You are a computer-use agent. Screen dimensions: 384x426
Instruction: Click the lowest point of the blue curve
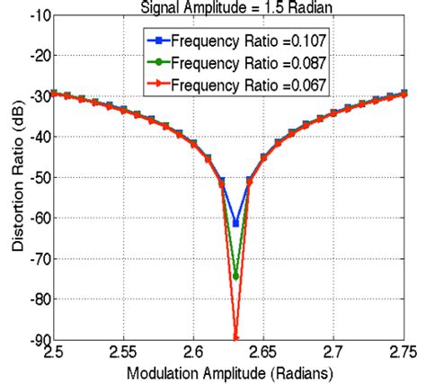click(235, 222)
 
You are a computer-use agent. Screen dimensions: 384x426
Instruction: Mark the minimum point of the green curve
click(235, 276)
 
